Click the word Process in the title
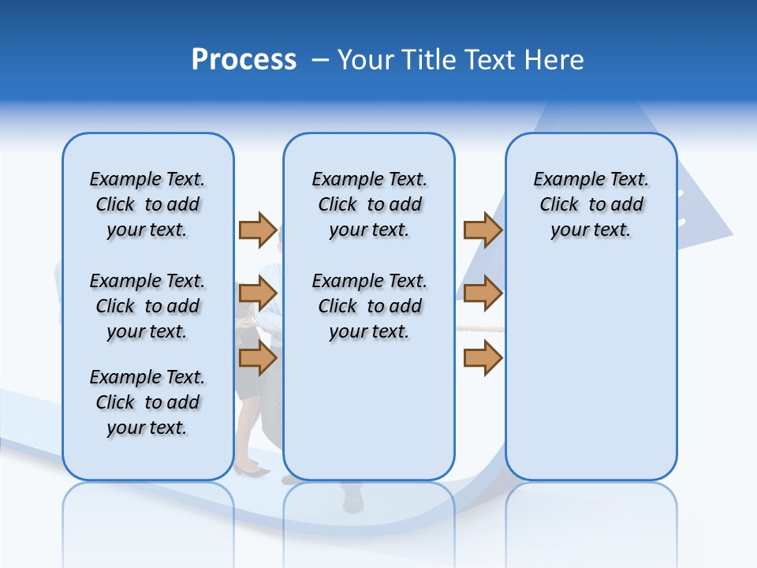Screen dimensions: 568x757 point(244,60)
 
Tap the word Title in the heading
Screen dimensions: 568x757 point(431,60)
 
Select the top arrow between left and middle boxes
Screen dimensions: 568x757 point(258,230)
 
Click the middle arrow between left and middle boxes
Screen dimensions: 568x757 point(258,293)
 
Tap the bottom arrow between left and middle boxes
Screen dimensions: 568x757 point(258,358)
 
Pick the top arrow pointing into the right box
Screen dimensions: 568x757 point(483,230)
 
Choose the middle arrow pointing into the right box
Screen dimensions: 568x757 point(483,293)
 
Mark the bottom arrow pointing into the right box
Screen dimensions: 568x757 point(483,358)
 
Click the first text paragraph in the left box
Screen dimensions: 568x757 point(147,204)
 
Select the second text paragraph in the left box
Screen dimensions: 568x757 point(147,306)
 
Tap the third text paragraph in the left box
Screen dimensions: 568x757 point(147,402)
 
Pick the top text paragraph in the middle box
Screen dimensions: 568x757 point(369,204)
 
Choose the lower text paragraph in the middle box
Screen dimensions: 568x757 point(369,306)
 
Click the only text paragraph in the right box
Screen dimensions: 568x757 point(591,204)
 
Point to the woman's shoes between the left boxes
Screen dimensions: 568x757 point(252,471)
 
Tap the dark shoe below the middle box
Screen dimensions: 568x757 point(353,500)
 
